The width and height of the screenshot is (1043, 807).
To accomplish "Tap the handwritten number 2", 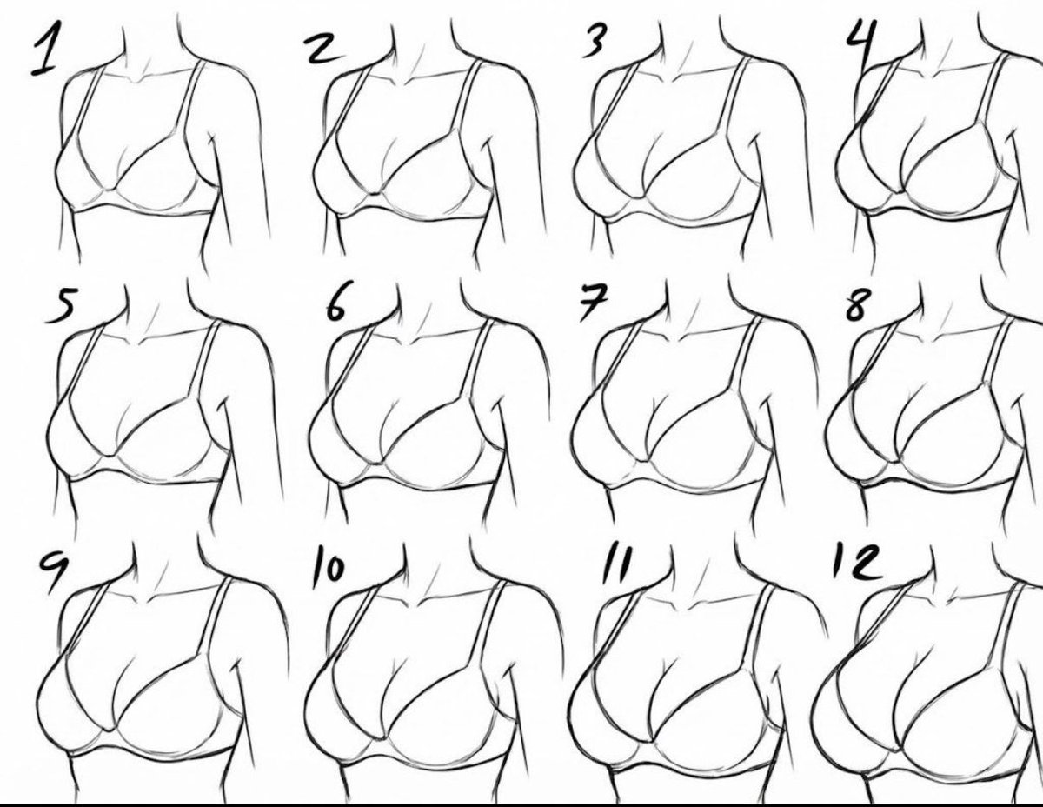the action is coord(324,48).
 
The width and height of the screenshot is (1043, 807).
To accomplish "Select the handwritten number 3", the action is coord(595,42).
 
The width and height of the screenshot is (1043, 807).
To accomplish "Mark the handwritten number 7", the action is coord(594,303).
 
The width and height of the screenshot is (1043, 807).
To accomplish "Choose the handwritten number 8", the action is coord(857,306).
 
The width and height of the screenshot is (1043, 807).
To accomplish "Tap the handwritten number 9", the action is coord(53,570).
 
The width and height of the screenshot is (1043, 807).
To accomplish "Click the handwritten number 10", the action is coord(329,570).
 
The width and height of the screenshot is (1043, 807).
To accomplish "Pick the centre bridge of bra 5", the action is coord(109,455).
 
